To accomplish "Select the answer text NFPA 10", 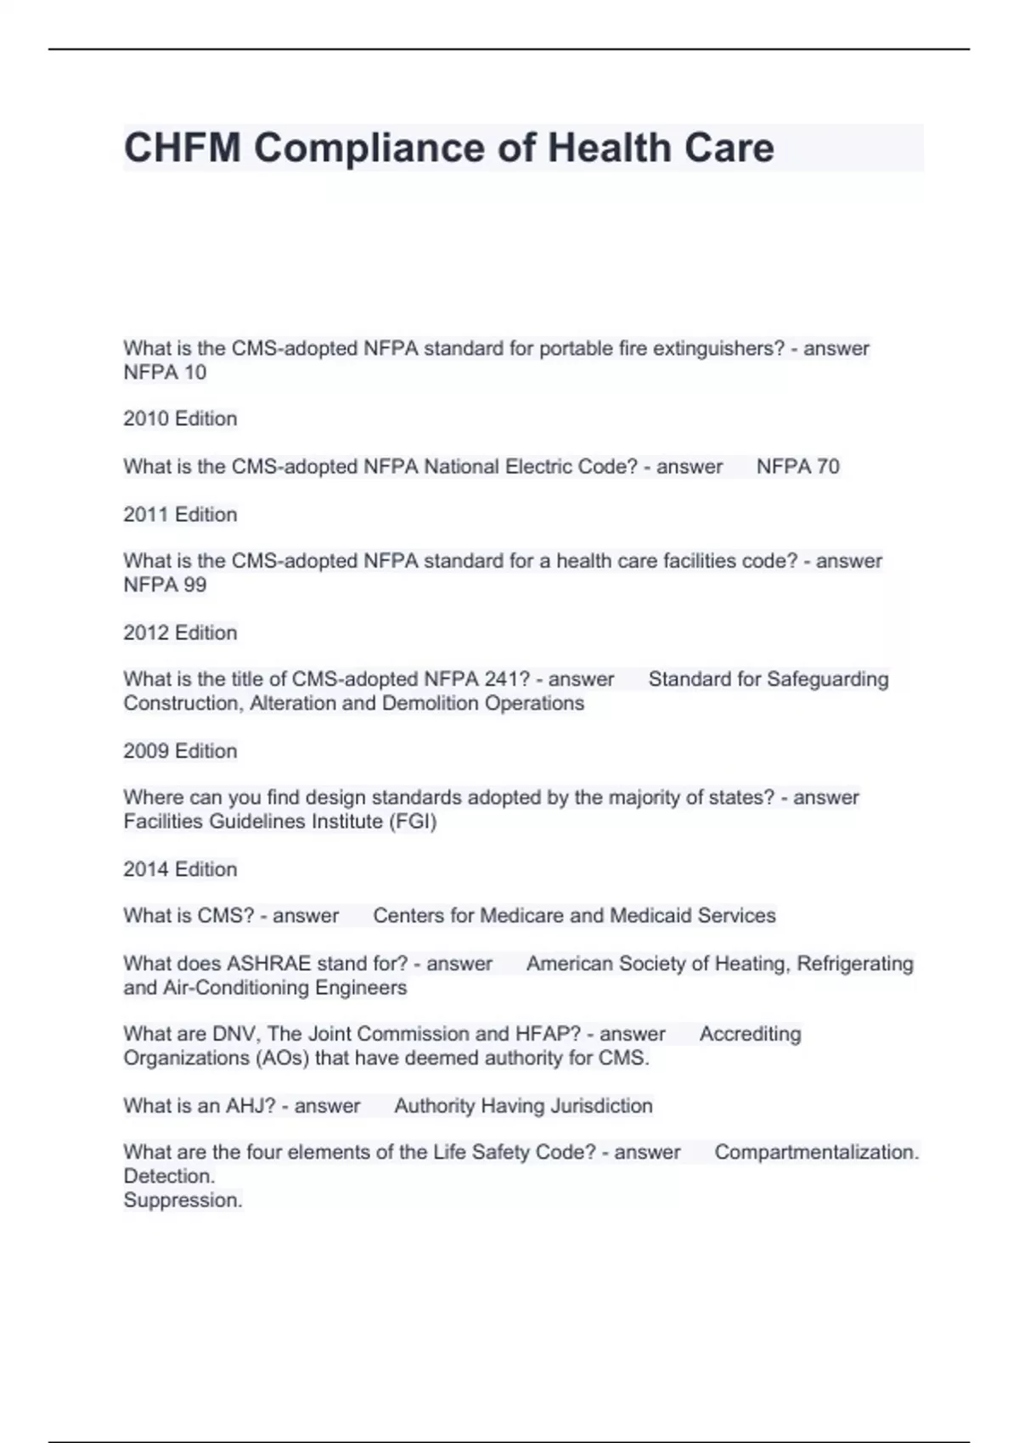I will [x=165, y=373].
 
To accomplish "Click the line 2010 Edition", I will [x=180, y=418].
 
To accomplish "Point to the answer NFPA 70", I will [x=797, y=466].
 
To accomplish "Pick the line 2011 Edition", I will [x=180, y=514].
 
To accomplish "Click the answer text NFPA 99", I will [x=165, y=585].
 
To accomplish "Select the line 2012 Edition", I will [x=180, y=632].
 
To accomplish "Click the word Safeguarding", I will [x=827, y=679].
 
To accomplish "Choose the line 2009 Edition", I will [x=180, y=751].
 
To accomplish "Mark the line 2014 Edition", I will [x=180, y=869].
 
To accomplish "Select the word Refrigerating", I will [x=854, y=963].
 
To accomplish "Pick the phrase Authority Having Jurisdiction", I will [x=523, y=1106].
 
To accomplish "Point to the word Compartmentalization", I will [x=816, y=1152].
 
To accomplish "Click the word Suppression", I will [x=183, y=1200].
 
